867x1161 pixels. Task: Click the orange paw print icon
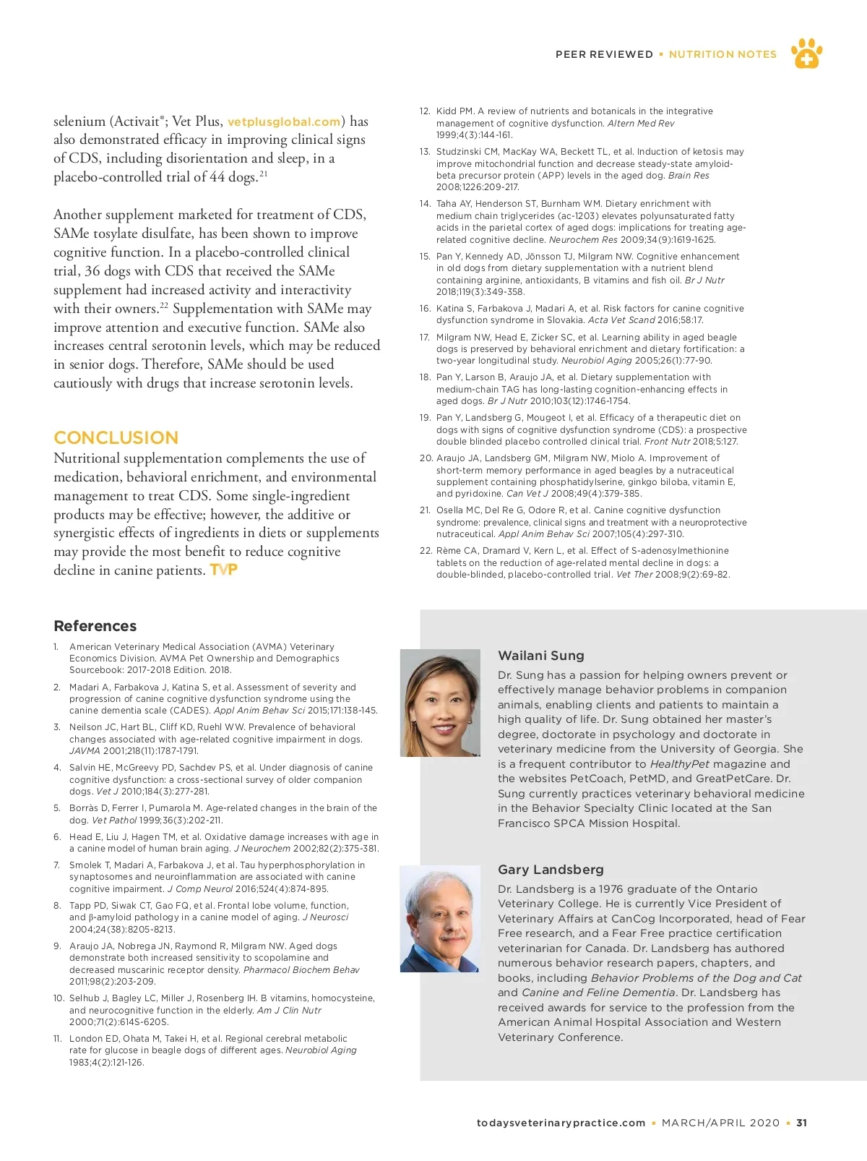tap(806, 53)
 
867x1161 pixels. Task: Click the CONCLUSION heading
tap(116, 437)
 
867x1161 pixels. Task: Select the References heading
tap(95, 626)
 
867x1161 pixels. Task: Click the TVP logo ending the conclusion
tap(223, 570)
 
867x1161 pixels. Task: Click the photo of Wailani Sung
tap(440, 703)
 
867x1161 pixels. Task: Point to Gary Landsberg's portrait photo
tap(440, 918)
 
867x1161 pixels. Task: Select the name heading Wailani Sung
tap(541, 656)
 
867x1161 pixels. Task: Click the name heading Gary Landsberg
tap(551, 870)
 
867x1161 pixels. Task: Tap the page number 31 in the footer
tap(801, 1123)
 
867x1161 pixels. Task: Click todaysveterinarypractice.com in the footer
tap(561, 1123)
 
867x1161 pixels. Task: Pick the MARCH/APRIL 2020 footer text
tap(720, 1123)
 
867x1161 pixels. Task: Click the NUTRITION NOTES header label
tap(722, 54)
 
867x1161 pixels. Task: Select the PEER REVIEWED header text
tap(604, 54)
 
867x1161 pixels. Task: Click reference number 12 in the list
tap(425, 111)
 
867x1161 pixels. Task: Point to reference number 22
tap(426, 551)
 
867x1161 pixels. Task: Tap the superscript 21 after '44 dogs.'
tap(264, 173)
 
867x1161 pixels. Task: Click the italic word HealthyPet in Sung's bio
tap(679, 764)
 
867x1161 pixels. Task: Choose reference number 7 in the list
tap(56, 865)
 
